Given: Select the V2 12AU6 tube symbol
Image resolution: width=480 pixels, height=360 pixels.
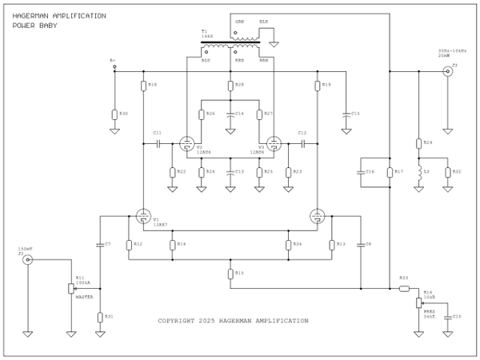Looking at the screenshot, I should point(186,144).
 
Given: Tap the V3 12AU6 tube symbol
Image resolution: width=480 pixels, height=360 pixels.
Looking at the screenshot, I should point(274,144).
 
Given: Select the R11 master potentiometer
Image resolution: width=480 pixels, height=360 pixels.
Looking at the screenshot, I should point(70,287).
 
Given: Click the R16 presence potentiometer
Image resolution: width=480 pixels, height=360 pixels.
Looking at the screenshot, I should point(418,303).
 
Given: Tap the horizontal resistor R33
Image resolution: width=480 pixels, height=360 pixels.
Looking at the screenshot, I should point(404,287).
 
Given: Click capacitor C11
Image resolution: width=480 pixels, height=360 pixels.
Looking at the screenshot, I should point(158,144).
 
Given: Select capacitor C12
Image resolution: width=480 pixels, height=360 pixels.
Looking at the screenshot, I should point(302,144).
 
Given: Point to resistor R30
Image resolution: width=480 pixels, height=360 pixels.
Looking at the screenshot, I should point(114,114).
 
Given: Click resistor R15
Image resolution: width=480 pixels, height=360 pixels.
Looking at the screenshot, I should point(230,273).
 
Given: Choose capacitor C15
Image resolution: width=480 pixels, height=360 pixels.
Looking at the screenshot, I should point(346,114).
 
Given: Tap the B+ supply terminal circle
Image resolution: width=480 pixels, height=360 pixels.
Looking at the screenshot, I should point(114,65).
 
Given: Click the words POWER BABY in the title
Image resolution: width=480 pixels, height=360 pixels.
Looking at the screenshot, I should point(31,25).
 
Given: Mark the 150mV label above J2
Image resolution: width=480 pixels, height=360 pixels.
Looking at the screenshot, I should point(25,250).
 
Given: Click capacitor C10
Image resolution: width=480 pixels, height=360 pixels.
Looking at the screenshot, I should point(447,317).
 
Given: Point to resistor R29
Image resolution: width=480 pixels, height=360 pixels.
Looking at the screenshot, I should point(418,143).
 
